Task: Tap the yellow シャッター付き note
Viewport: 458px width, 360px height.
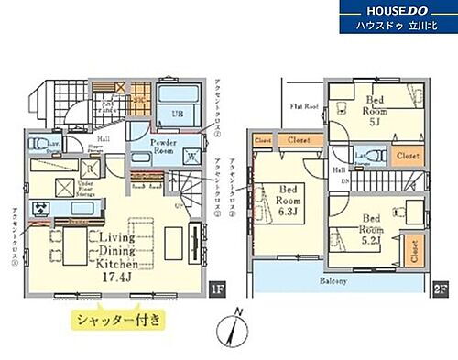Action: click(117, 320)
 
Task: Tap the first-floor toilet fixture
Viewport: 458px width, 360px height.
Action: click(36, 144)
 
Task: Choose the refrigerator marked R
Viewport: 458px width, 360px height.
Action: click(41, 210)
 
